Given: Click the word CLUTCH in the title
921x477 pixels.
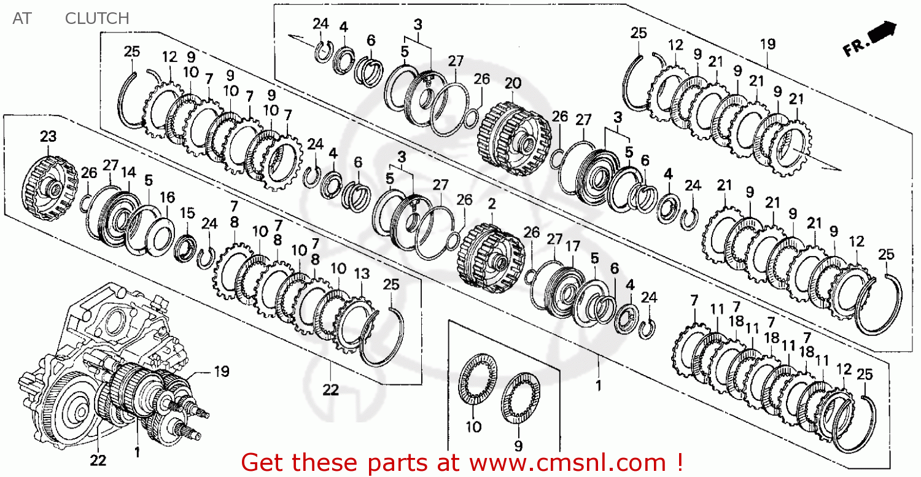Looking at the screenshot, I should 97,18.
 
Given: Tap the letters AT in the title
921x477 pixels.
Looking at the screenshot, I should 21,18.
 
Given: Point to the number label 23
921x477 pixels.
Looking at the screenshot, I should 48,136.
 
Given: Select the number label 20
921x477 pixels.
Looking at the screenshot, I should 513,83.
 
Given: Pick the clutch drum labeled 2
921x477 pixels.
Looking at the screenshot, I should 490,258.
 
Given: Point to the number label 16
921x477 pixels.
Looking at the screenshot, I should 167,197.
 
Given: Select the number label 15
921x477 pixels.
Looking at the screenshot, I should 187,213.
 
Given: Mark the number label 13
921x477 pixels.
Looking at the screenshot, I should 362,273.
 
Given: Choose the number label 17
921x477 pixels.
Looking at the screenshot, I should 572,246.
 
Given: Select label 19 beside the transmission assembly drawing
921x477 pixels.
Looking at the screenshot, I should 221,371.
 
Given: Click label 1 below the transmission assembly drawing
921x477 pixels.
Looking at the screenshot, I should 137,452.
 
